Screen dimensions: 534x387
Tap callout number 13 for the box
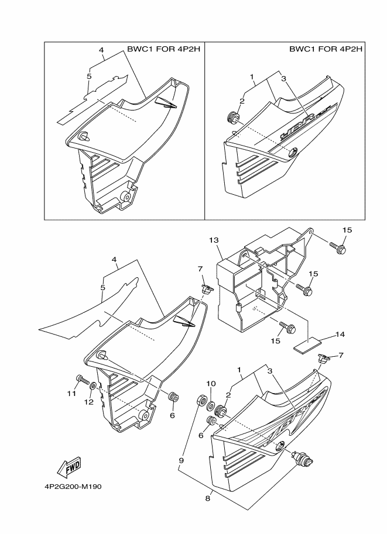point(213,240)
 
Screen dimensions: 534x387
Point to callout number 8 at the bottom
point(208,498)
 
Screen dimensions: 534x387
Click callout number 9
point(181,460)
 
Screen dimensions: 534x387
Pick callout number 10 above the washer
point(211,384)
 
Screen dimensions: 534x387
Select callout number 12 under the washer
point(90,402)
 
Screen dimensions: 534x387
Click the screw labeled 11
point(82,381)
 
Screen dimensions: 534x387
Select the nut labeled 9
point(200,401)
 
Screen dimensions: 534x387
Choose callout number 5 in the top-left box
point(89,76)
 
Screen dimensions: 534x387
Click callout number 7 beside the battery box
point(200,268)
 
